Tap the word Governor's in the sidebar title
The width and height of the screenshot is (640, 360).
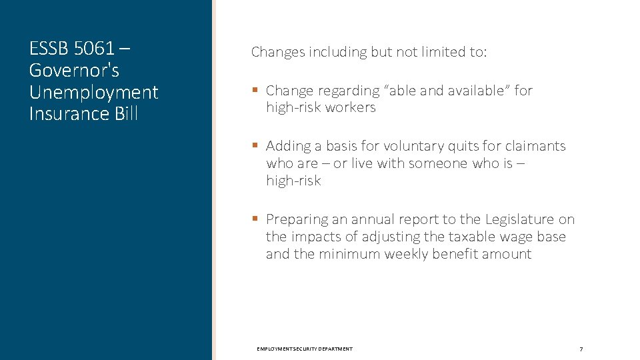(x=74, y=70)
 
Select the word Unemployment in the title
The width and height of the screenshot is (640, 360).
(x=94, y=92)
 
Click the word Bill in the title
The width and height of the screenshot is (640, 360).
(x=125, y=113)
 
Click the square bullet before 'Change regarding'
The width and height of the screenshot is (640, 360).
(x=255, y=90)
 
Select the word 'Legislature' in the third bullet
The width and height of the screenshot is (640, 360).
(x=520, y=219)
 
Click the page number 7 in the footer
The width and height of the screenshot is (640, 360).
(x=581, y=349)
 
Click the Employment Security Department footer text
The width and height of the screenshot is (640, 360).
(x=305, y=349)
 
